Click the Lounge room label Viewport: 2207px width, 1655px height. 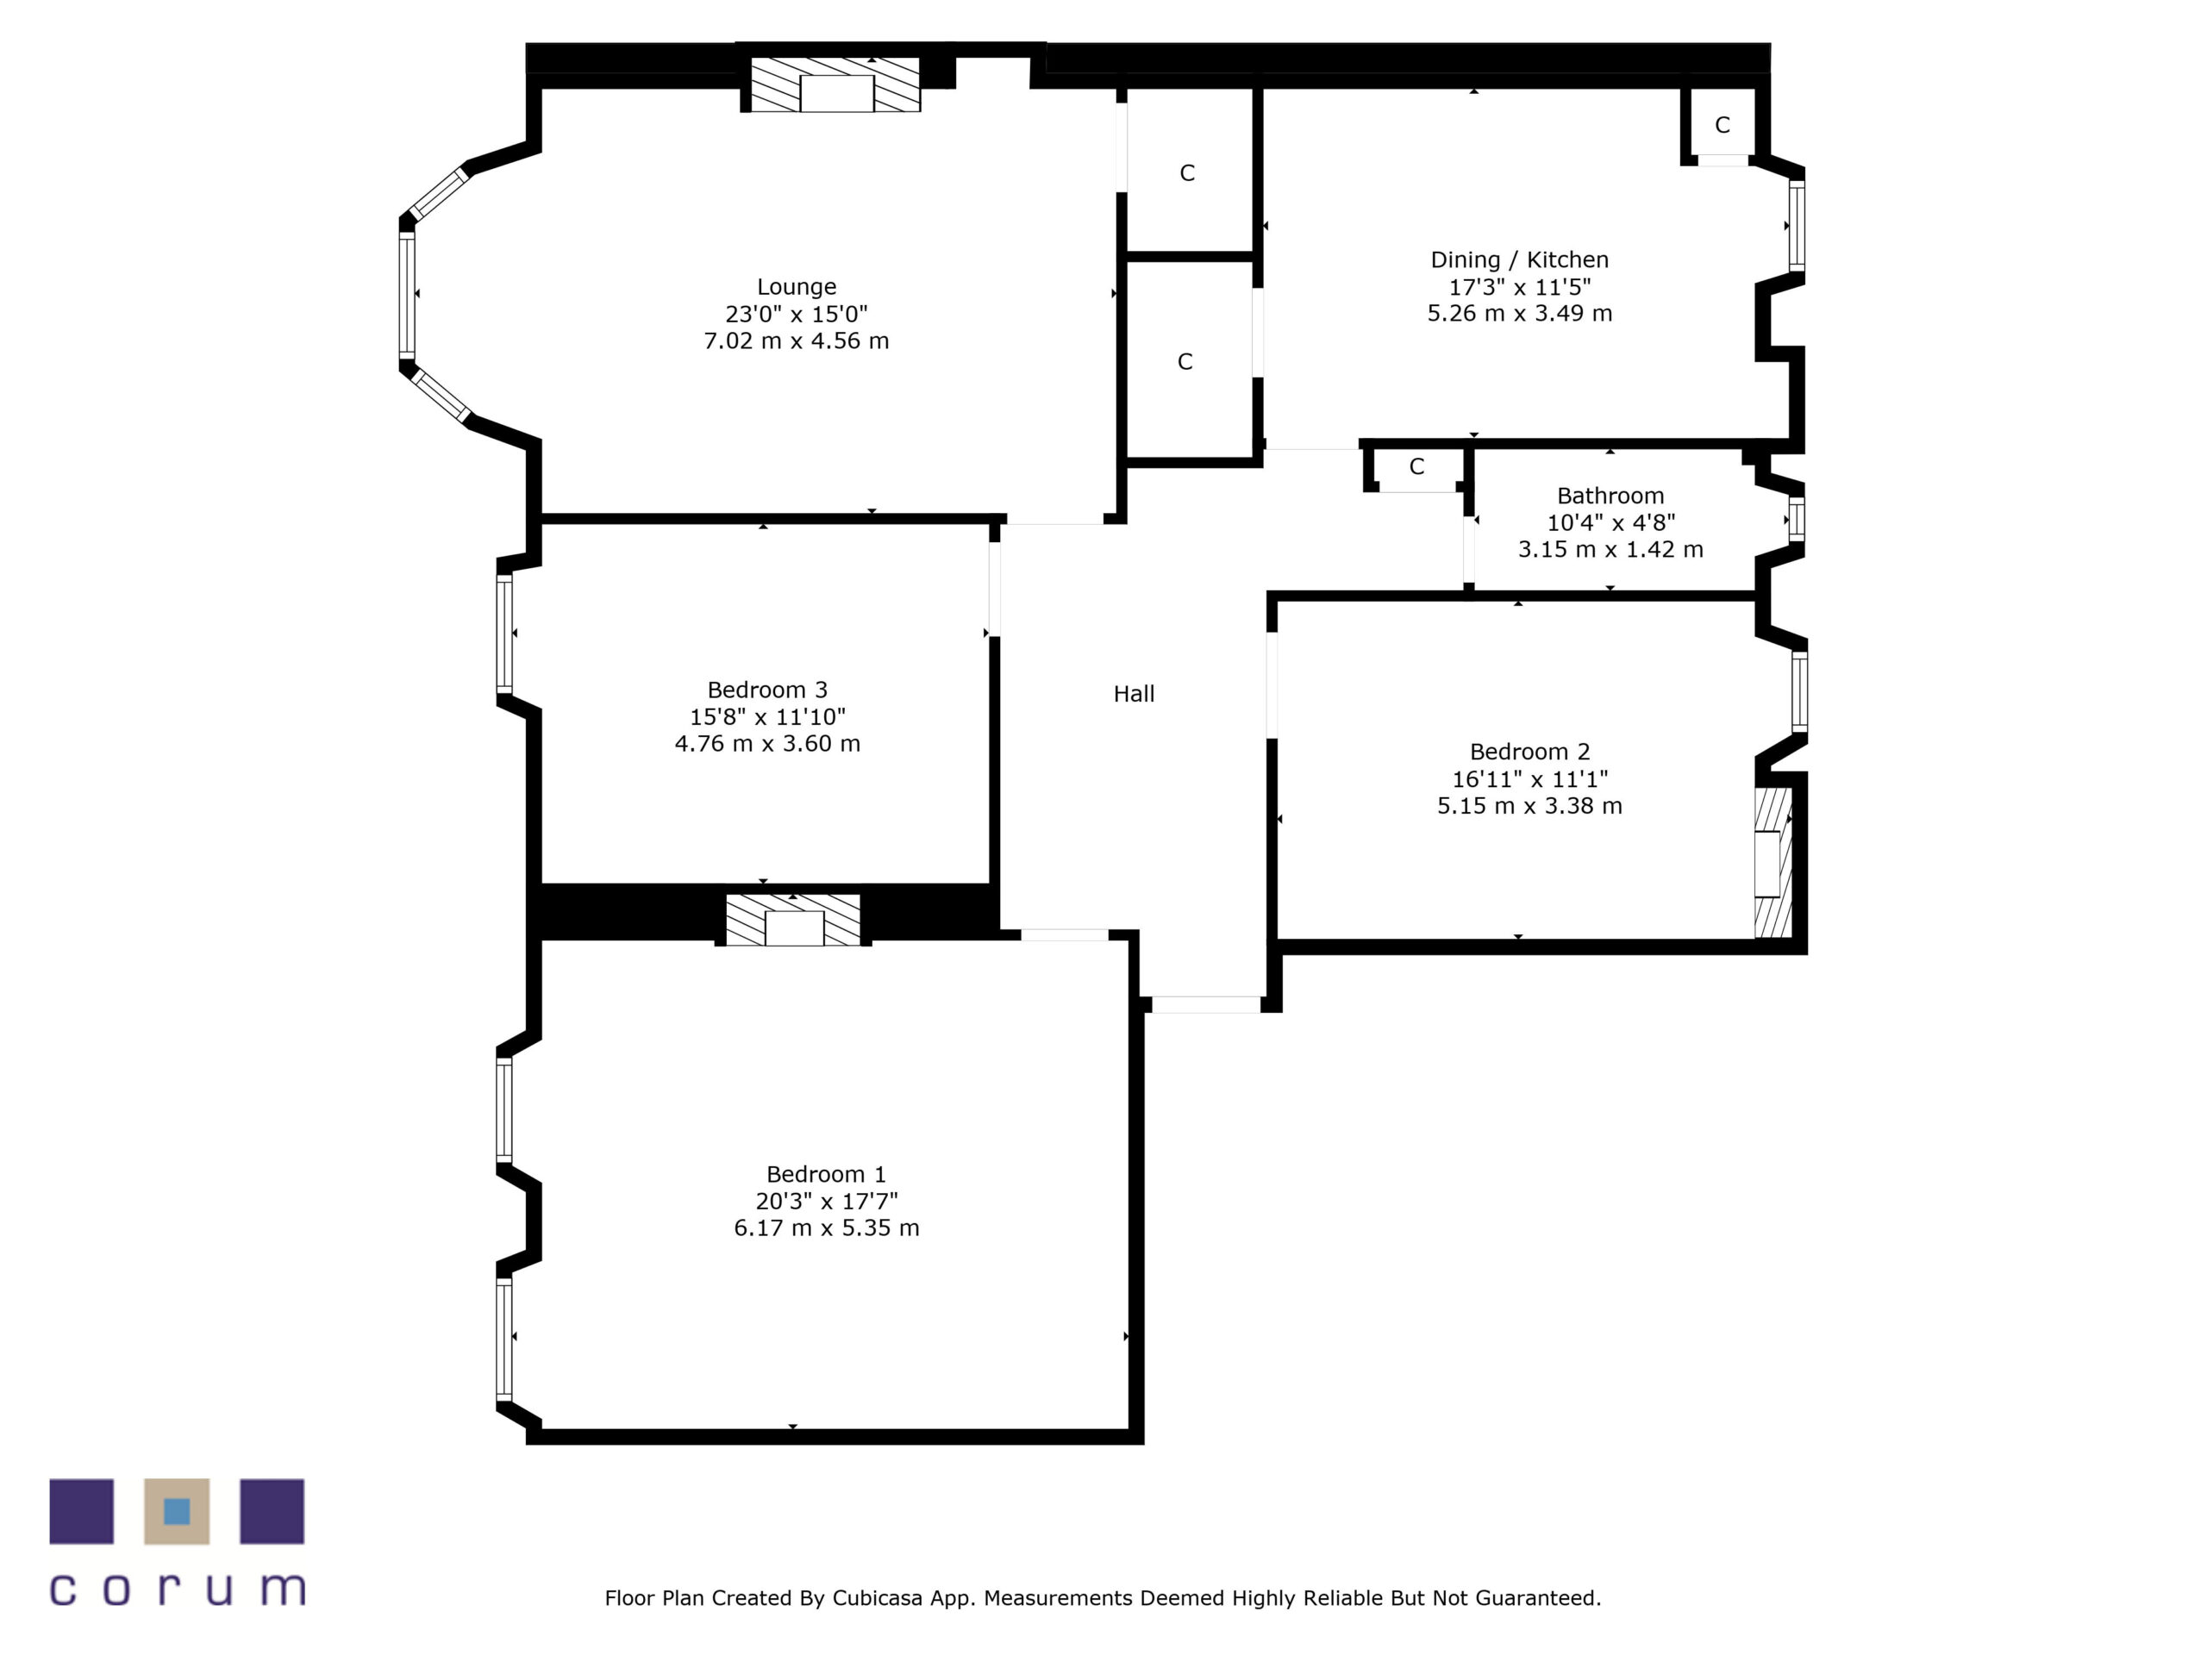click(x=797, y=287)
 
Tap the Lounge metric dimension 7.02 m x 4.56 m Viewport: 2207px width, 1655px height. click(x=797, y=341)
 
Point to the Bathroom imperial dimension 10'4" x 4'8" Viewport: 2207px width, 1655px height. click(x=1610, y=522)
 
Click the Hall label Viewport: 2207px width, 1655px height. click(x=1134, y=694)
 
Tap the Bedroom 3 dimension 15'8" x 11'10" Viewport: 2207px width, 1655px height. click(x=767, y=717)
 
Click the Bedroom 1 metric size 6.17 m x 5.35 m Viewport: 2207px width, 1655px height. click(x=826, y=1228)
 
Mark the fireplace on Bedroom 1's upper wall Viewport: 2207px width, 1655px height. click(x=793, y=921)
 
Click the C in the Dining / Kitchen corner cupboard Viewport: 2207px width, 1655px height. click(x=1722, y=126)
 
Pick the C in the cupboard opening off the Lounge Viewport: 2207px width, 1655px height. click(x=1186, y=173)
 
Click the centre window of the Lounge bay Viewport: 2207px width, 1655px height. click(x=407, y=294)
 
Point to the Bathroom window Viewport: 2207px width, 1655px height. click(x=1796, y=520)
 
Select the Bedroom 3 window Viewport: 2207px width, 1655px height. click(x=505, y=634)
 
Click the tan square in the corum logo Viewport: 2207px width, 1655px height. click(x=177, y=1511)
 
